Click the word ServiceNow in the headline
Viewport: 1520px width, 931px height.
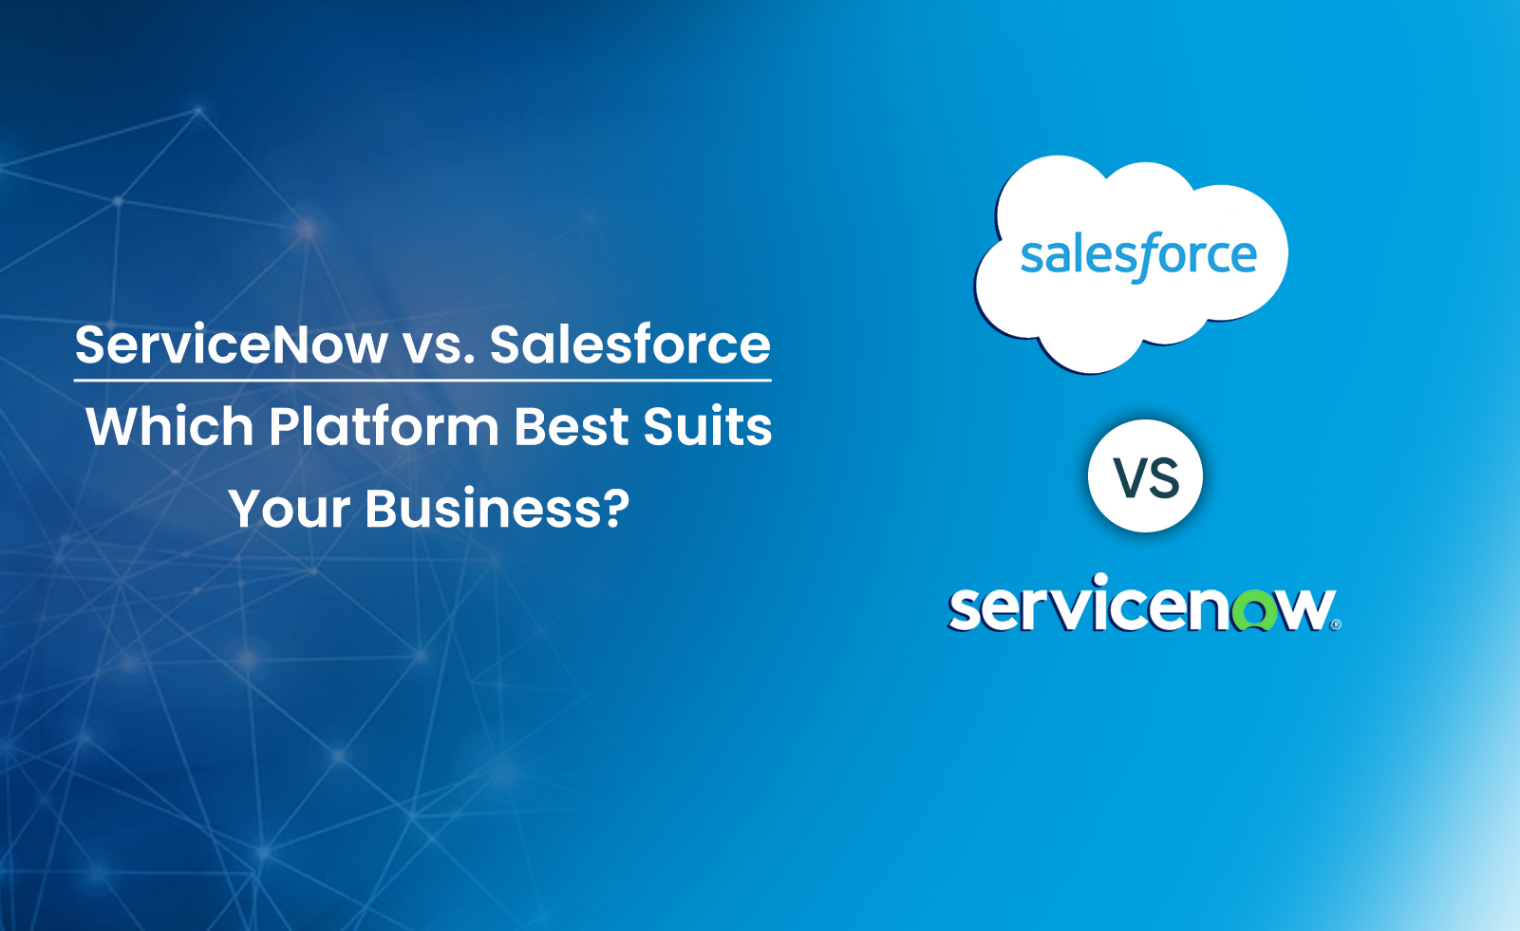coord(232,345)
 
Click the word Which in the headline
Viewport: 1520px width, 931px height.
coord(170,426)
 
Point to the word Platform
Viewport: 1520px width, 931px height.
coord(385,426)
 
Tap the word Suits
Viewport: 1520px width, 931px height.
coord(707,426)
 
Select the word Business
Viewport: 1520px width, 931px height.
coord(482,508)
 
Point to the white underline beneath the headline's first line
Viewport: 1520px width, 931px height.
coord(422,381)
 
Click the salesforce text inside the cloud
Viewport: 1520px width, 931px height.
coord(1138,257)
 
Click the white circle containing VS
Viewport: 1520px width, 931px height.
coord(1145,476)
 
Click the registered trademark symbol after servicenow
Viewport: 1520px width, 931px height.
coord(1336,624)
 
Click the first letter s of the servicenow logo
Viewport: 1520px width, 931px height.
coord(966,610)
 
